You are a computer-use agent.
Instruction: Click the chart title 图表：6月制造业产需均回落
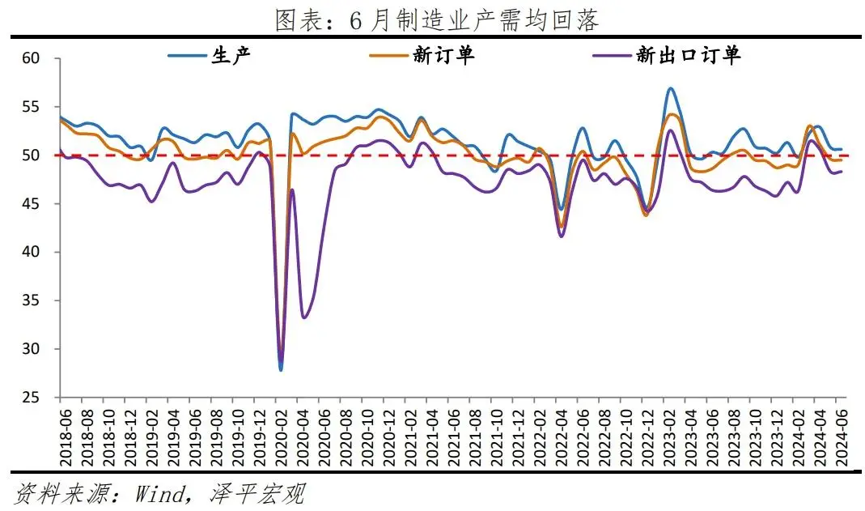coord(436,20)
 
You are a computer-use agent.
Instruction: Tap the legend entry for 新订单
coord(443,55)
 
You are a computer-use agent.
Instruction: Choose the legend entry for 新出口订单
coord(689,55)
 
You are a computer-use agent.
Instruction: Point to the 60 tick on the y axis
coord(32,58)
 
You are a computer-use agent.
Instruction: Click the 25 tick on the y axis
coord(32,398)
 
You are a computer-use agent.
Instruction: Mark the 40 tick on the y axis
coord(32,253)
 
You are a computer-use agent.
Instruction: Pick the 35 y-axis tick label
coord(32,300)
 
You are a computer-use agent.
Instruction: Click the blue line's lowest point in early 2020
coord(281,370)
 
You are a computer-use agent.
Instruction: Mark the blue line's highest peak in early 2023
coord(671,88)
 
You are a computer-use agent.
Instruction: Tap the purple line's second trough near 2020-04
coord(303,317)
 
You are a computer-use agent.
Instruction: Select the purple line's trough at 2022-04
coord(562,236)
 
